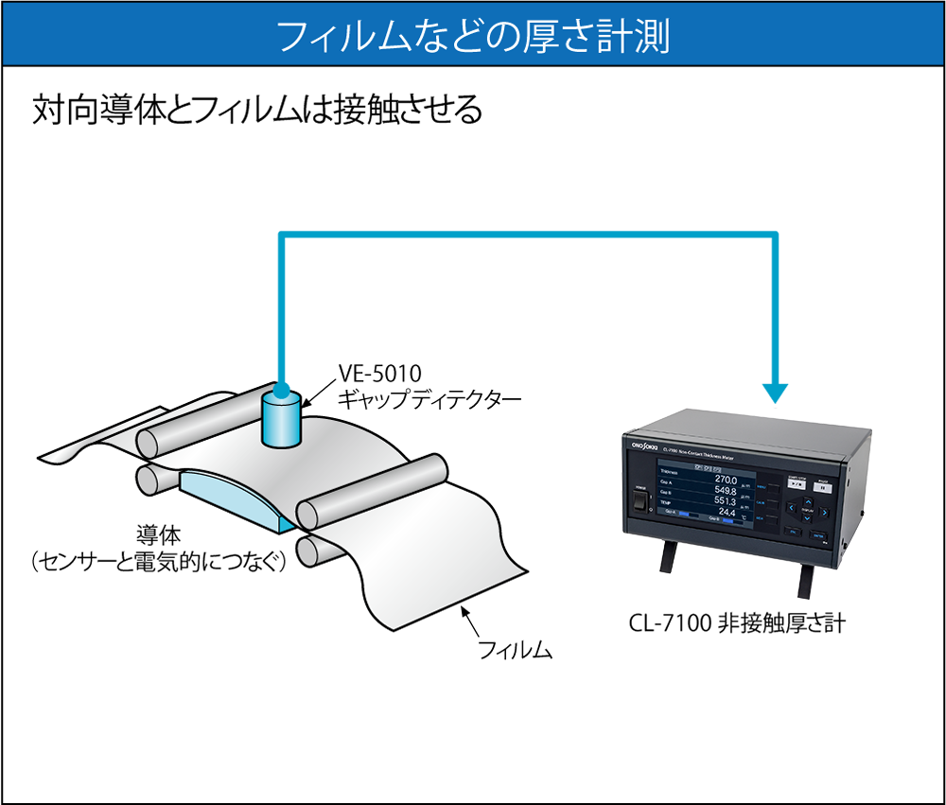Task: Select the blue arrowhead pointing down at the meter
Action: tap(777, 390)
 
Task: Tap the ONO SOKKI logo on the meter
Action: tap(642, 441)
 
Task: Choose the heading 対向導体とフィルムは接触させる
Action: tap(255, 111)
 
